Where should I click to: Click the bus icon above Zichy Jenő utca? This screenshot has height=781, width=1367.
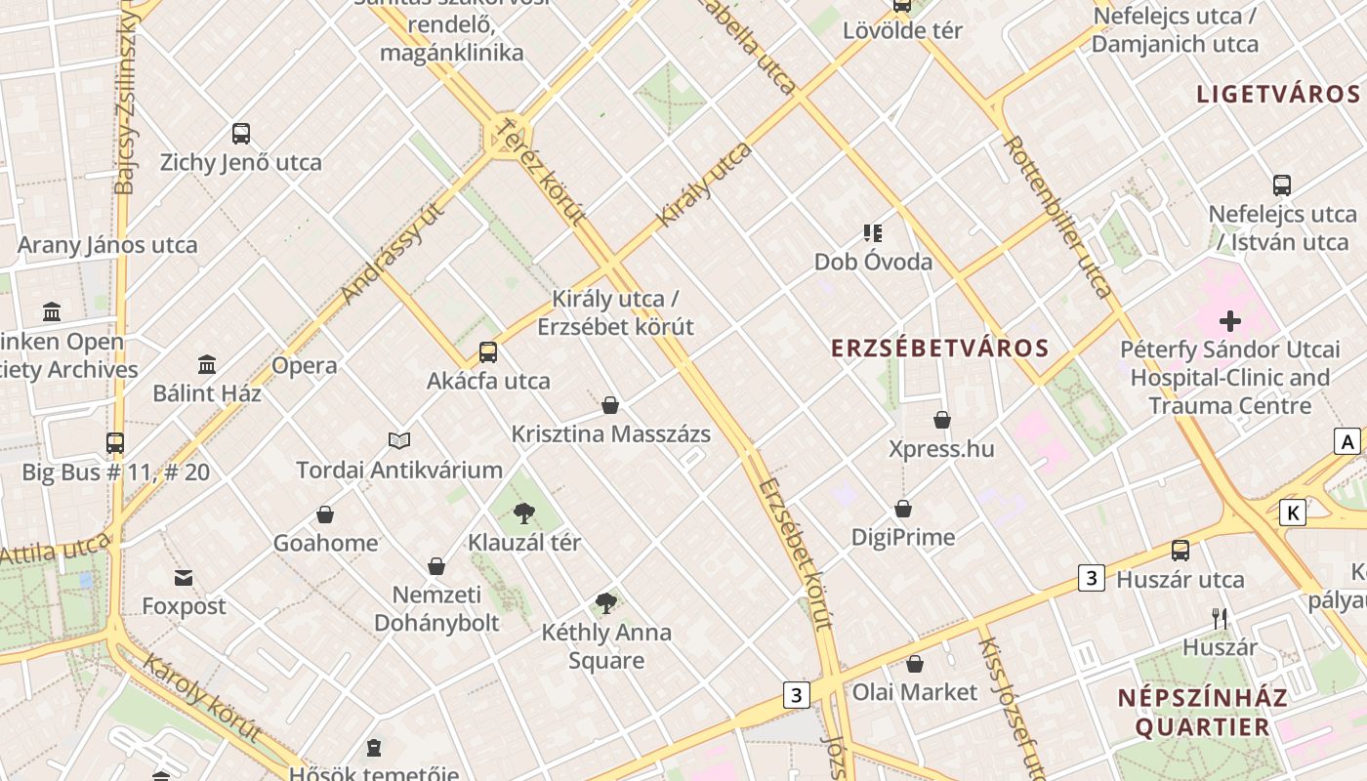tap(240, 134)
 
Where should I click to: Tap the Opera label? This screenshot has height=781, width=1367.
tap(305, 366)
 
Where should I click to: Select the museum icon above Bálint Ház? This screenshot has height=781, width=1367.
tap(207, 365)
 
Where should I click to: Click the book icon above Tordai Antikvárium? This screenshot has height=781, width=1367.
tap(398, 440)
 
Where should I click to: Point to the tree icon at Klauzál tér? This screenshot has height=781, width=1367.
tap(524, 513)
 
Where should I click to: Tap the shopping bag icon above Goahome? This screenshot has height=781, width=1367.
tap(325, 514)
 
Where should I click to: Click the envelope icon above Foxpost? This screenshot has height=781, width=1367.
tap(184, 578)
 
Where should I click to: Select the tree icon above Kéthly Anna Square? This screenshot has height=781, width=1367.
tap(606, 603)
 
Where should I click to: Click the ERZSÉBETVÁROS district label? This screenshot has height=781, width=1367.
tap(939, 349)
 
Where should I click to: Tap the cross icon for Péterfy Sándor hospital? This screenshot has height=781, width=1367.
tap(1229, 320)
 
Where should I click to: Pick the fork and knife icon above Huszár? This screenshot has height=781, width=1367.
tap(1219, 618)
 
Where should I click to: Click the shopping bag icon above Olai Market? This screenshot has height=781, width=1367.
tap(915, 664)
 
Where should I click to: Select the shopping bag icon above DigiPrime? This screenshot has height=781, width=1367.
tap(903, 509)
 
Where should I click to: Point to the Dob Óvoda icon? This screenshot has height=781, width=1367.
tap(873, 233)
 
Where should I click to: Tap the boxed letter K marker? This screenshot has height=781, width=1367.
tap(1293, 513)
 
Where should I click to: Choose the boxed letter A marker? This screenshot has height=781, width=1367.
tap(1347, 441)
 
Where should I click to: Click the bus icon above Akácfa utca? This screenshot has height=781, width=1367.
tap(488, 352)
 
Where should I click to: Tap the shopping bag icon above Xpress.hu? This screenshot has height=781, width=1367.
tap(942, 420)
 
